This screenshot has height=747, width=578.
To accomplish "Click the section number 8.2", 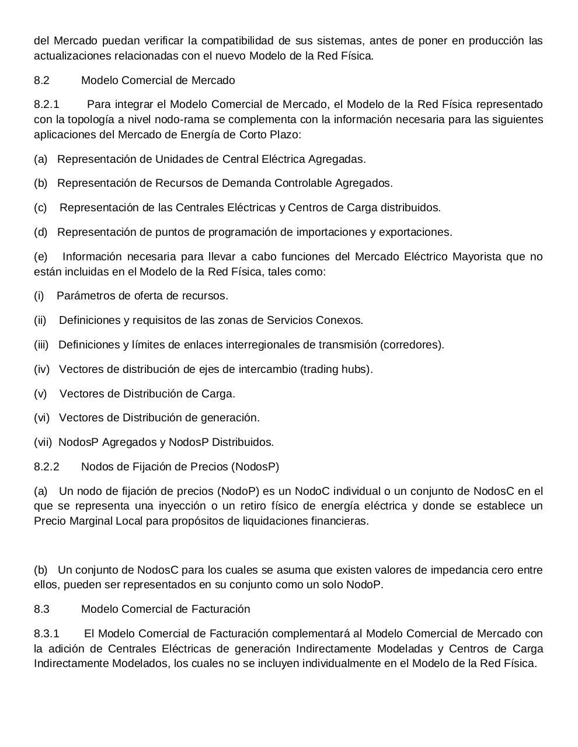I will click(41, 81).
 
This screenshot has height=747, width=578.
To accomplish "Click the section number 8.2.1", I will click(47, 104).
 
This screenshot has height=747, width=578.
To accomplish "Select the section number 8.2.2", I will click(47, 467).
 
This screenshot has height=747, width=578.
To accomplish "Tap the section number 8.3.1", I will click(47, 634).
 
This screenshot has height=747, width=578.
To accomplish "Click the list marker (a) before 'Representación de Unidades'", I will click(40, 159).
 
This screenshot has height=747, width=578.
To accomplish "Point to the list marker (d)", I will click(40, 232).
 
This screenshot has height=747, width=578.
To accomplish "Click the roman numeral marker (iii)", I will click(41, 345).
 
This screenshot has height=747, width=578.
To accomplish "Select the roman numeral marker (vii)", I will click(43, 442).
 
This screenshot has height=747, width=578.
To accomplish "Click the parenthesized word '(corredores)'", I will click(412, 345).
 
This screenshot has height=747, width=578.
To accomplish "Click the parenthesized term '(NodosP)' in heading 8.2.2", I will click(255, 467).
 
